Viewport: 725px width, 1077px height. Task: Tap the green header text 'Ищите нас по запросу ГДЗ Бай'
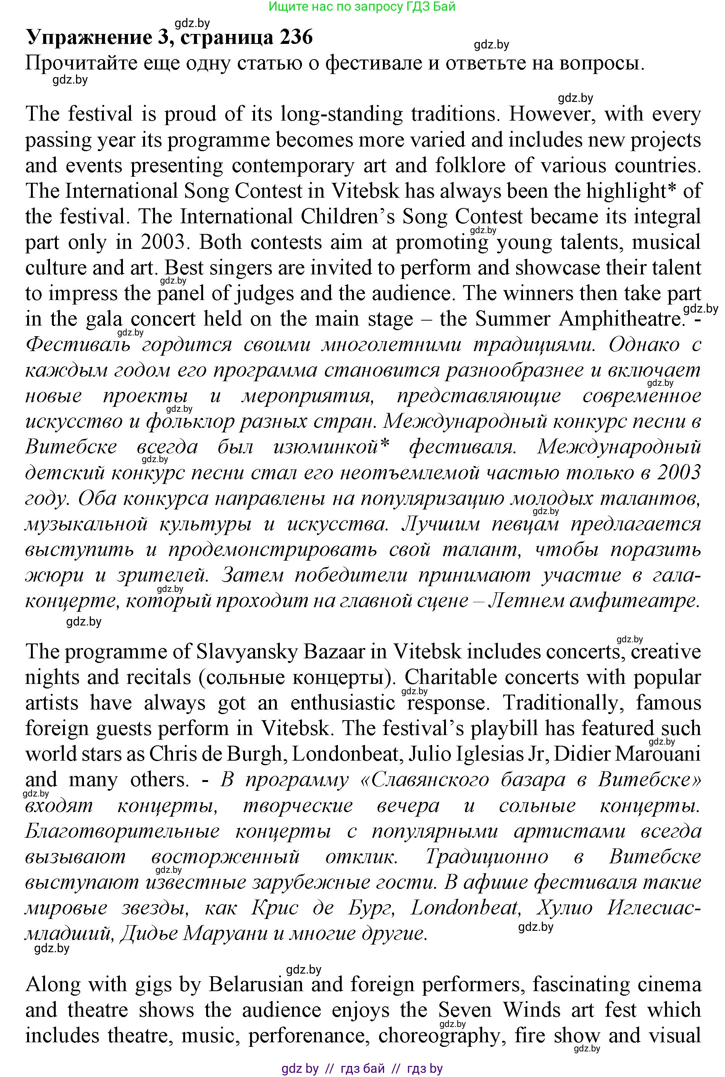pos(362,6)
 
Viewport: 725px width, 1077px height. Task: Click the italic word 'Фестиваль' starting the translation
pos(77,345)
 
